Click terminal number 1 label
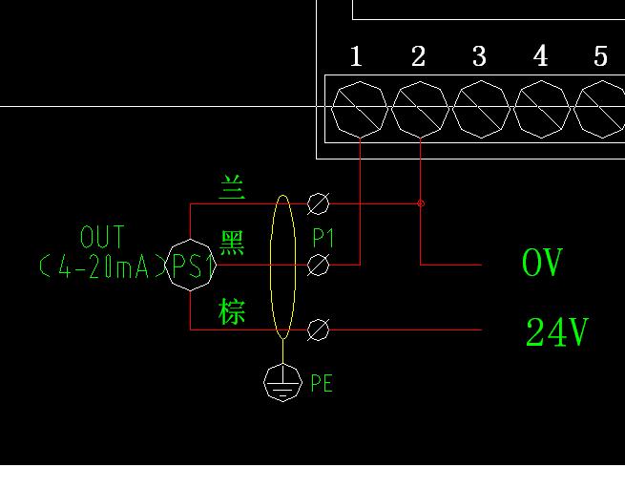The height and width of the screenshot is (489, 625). click(x=356, y=56)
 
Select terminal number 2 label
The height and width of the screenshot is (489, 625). click(x=418, y=56)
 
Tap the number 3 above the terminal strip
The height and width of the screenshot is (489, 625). click(x=479, y=56)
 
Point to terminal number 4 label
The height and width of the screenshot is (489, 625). click(x=540, y=56)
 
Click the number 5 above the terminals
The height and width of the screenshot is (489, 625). click(x=600, y=56)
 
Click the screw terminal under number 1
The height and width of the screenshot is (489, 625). click(x=360, y=109)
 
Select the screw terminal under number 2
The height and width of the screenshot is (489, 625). click(x=421, y=109)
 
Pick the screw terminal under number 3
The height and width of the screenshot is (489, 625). click(x=481, y=109)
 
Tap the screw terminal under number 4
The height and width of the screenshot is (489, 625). click(x=542, y=109)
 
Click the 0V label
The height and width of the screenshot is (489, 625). click(x=542, y=263)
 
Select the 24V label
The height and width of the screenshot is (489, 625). click(x=556, y=332)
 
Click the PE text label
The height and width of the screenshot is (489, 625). click(x=322, y=384)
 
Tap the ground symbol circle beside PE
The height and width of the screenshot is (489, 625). click(x=282, y=382)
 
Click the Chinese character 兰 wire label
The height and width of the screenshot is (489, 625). click(x=232, y=187)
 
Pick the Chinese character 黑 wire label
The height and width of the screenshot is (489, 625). click(x=232, y=244)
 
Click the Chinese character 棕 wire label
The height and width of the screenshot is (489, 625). click(x=232, y=311)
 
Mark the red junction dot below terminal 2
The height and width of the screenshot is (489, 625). click(x=421, y=203)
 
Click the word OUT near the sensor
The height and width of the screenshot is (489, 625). click(x=102, y=237)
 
